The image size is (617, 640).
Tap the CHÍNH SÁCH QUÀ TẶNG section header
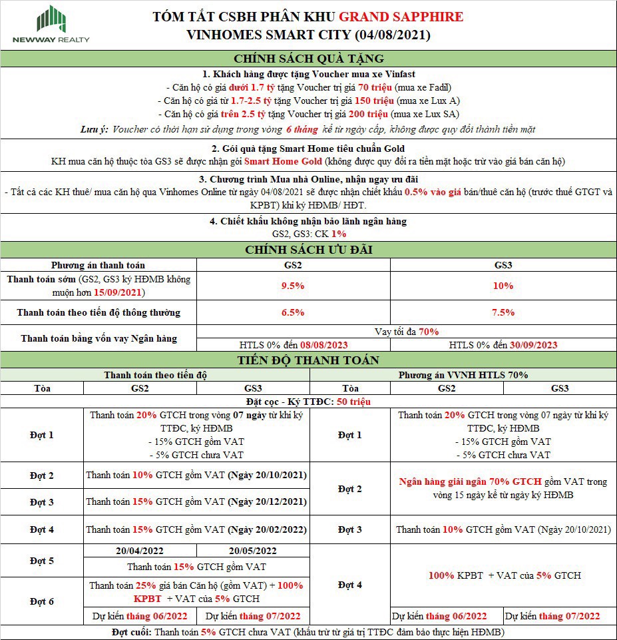coord(308,58)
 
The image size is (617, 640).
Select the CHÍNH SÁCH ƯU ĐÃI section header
coord(308,250)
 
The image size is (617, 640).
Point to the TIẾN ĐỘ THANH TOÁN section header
coord(308,360)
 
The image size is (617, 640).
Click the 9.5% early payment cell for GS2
coord(293,286)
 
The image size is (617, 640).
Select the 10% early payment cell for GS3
coord(503,286)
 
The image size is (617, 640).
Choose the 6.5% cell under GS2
coord(293,312)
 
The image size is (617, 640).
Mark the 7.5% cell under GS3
coord(503,312)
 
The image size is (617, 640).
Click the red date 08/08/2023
coord(323,345)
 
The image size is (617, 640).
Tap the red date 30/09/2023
coord(532,345)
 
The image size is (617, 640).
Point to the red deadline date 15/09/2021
coord(118,292)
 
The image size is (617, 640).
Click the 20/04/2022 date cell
coord(140,551)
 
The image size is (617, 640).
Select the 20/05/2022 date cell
coord(252,551)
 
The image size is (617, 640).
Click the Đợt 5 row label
coord(42,560)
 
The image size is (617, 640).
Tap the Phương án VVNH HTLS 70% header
coord(463,375)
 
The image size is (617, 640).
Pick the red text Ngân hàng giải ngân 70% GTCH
coord(470,481)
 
